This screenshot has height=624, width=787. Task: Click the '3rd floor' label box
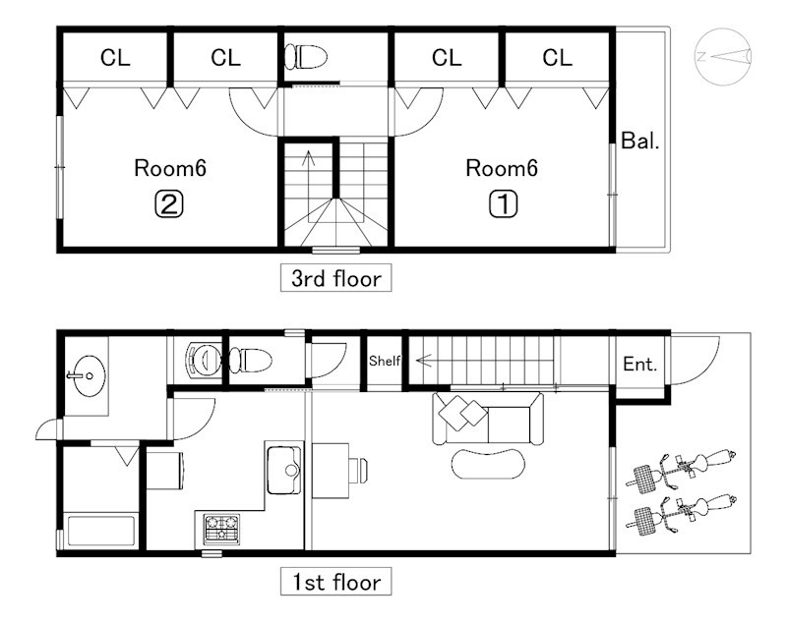pyautogui.click(x=335, y=278)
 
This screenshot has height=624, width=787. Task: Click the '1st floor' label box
pyautogui.click(x=335, y=582)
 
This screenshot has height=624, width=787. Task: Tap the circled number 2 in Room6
pyautogui.click(x=168, y=204)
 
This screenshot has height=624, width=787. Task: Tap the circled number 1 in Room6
pyautogui.click(x=503, y=204)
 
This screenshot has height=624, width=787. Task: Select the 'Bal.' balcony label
pyautogui.click(x=640, y=141)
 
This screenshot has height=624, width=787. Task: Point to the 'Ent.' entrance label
pyautogui.click(x=640, y=364)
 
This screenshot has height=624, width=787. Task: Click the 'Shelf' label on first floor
pyautogui.click(x=385, y=361)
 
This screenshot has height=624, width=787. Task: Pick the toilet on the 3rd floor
pyautogui.click(x=306, y=57)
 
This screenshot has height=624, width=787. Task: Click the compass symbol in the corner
pyautogui.click(x=723, y=57)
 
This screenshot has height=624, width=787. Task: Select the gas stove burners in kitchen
pyautogui.click(x=221, y=529)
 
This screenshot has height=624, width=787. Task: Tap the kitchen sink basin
pyautogui.click(x=284, y=470)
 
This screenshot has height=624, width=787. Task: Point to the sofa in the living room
pyautogui.click(x=488, y=419)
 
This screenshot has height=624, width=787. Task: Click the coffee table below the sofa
pyautogui.click(x=488, y=464)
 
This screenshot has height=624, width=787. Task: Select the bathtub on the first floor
pyautogui.click(x=101, y=531)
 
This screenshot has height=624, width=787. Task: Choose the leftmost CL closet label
pyautogui.click(x=115, y=58)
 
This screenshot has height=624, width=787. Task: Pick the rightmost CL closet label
pyautogui.click(x=557, y=58)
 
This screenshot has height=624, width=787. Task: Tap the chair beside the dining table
pyautogui.click(x=359, y=470)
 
